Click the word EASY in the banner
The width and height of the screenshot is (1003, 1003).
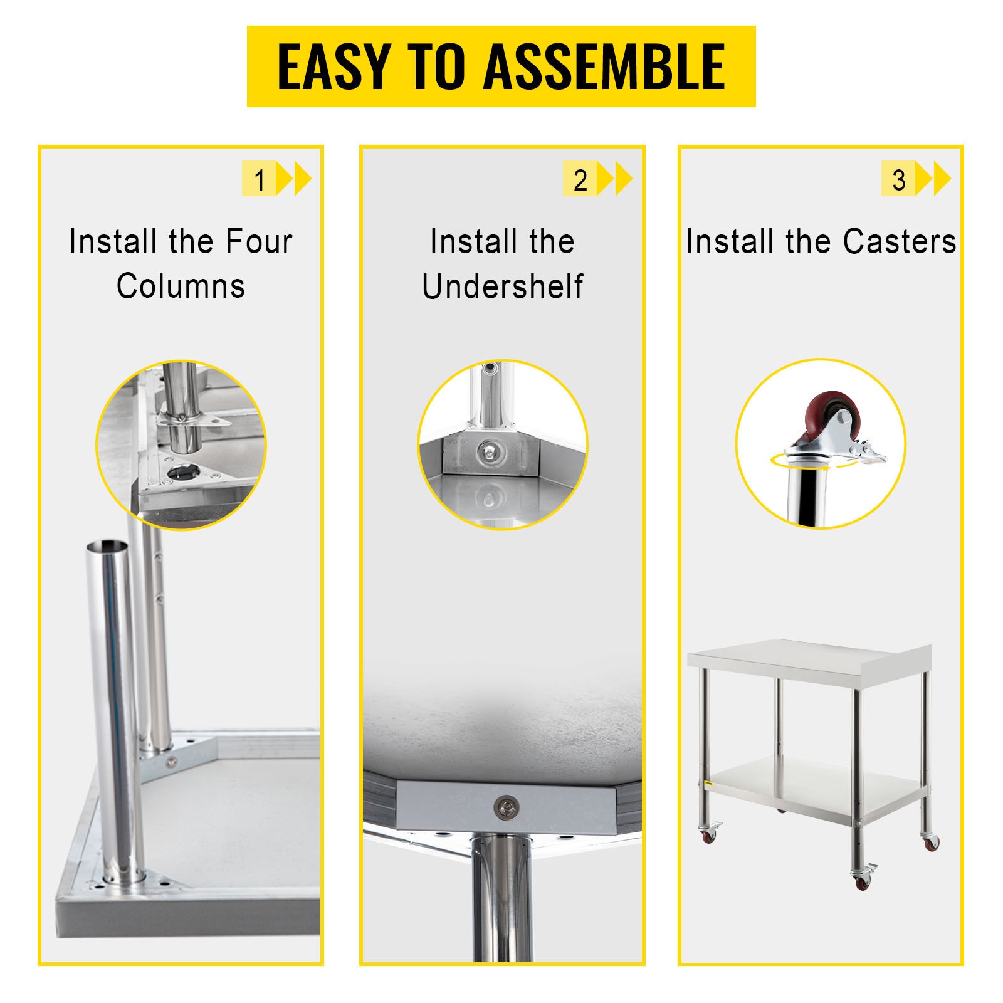click(x=335, y=66)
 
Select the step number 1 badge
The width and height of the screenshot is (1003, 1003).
click(x=259, y=179)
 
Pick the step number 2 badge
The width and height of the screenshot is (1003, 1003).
click(x=580, y=179)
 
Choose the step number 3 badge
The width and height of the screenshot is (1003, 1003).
click(x=898, y=179)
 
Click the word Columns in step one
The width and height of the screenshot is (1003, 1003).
click(x=181, y=286)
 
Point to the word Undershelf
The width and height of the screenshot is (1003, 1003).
click(x=502, y=286)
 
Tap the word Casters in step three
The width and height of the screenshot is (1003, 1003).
click(x=900, y=241)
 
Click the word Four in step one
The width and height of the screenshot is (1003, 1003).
click(x=259, y=241)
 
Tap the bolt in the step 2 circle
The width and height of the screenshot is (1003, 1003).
click(x=488, y=449)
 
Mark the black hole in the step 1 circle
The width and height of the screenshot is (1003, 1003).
click(x=182, y=471)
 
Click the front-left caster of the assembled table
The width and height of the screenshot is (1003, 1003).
click(x=709, y=834)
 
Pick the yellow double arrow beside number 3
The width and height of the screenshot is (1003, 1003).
click(x=933, y=179)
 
